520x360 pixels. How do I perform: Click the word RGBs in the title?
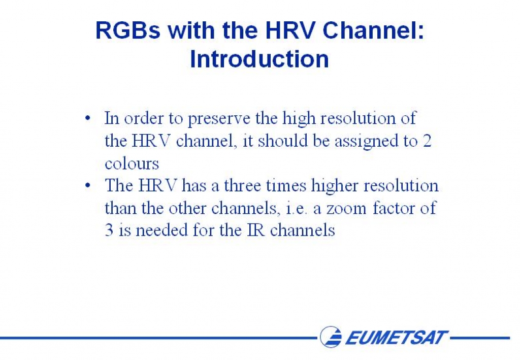click(128, 30)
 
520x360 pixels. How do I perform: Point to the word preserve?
click(219, 118)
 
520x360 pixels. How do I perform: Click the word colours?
click(132, 163)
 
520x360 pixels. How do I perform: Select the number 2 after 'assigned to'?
click(427, 141)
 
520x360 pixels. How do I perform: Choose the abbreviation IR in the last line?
click(256, 230)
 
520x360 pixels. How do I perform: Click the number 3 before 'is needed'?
click(109, 230)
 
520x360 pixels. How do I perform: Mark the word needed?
click(162, 230)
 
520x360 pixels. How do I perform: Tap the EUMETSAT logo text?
click(397, 338)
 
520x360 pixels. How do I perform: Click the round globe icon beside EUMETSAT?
click(331, 337)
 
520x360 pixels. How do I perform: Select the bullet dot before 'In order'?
click(87, 118)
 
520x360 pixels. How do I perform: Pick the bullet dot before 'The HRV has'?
click(87, 185)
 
